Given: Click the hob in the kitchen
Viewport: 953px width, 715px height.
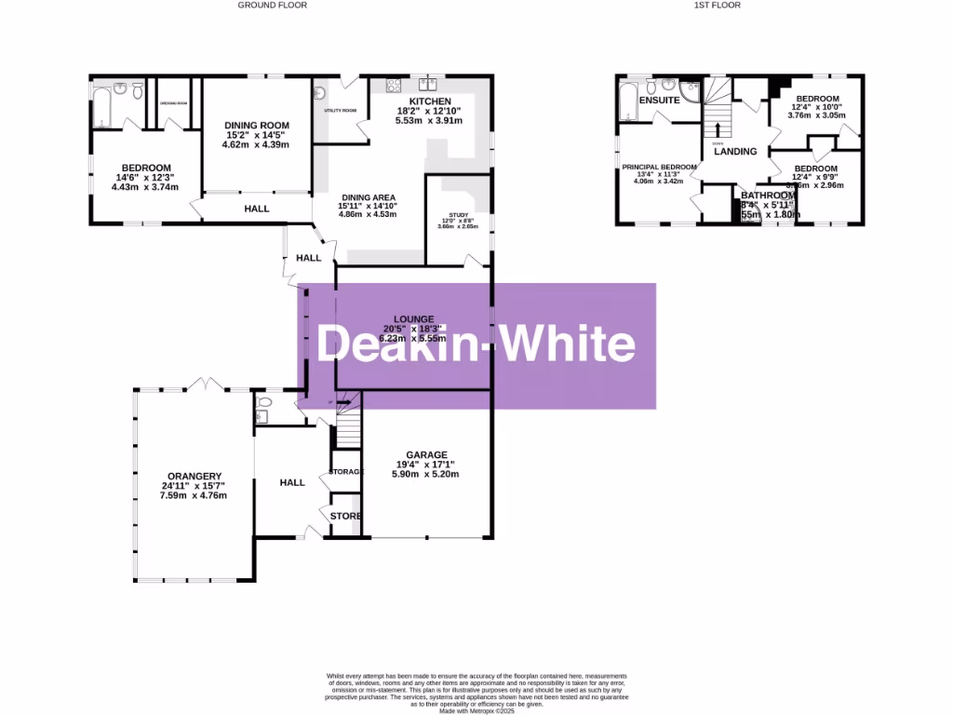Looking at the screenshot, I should pyautogui.click(x=394, y=88).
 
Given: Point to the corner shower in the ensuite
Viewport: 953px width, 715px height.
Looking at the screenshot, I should pyautogui.click(x=689, y=90).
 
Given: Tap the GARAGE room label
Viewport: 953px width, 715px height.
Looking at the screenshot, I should pyautogui.click(x=426, y=455).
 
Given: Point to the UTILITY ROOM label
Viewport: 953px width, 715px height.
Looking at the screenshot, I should pyautogui.click(x=341, y=110).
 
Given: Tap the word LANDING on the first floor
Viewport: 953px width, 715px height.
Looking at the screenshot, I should pyautogui.click(x=735, y=151).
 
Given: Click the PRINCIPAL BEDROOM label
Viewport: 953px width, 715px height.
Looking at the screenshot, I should pyautogui.click(x=659, y=167).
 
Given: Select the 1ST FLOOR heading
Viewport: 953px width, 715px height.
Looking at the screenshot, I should pyautogui.click(x=716, y=5).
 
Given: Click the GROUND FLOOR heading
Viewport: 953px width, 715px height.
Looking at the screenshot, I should pyautogui.click(x=272, y=5).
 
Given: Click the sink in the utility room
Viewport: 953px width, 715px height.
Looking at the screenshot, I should pyautogui.click(x=320, y=93).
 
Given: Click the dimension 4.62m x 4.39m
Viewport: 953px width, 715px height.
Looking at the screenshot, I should pyautogui.click(x=256, y=144).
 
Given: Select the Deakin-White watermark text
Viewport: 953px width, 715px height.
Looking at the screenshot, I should pyautogui.click(x=476, y=344).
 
